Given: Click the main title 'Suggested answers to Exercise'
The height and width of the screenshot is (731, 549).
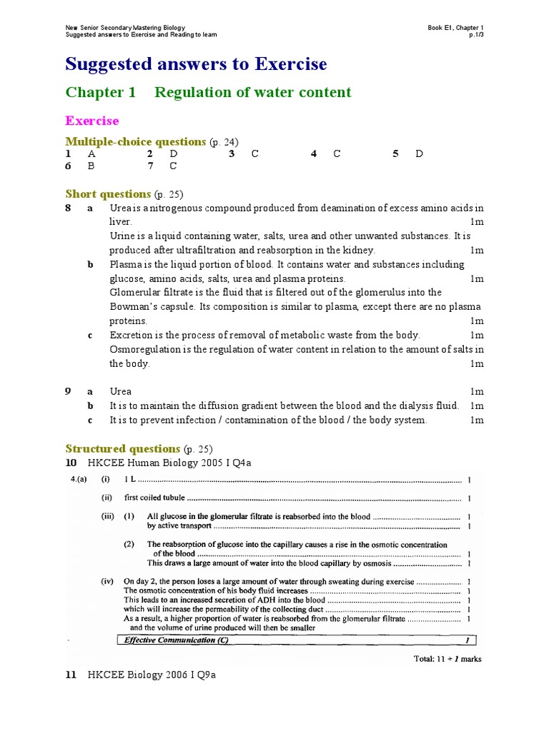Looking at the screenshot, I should click(196, 64).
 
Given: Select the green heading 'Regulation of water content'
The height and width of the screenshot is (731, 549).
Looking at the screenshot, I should click(252, 92).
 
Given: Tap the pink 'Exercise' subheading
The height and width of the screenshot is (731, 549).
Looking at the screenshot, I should click(92, 121).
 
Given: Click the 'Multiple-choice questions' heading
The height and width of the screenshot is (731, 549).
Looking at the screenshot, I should click(135, 141).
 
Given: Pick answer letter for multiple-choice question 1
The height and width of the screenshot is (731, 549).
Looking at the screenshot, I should click(91, 153).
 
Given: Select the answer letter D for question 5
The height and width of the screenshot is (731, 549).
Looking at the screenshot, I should click(419, 153).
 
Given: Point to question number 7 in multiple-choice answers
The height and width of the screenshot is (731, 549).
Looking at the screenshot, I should click(150, 166).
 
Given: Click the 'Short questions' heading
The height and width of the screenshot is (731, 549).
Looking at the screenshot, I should click(108, 194).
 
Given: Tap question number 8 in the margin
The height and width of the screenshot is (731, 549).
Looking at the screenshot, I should click(68, 208).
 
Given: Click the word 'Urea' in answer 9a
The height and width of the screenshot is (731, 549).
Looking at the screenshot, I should click(120, 392).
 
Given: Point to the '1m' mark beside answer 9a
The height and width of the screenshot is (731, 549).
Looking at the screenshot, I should click(477, 392).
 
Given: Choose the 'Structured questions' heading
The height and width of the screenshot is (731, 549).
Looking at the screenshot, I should click(122, 448).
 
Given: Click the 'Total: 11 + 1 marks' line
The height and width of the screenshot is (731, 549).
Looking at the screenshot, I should click(447, 659).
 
